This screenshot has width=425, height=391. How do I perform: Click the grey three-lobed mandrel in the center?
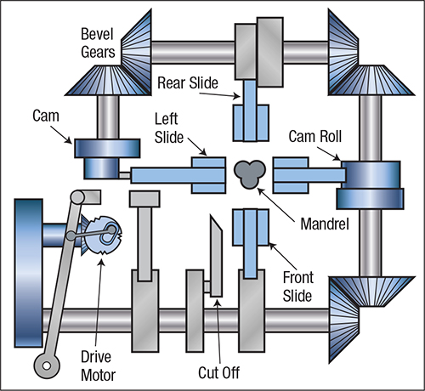coord(250,174)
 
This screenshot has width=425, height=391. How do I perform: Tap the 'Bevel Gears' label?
coord(98,43)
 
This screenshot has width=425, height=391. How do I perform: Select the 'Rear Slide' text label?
coord(188,83)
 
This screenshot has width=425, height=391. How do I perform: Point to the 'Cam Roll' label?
coord(315,136)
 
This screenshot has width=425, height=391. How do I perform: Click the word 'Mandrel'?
coord(325,224)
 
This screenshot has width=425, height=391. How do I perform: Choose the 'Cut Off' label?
coord(218,373)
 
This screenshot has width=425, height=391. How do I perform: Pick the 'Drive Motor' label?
coord(98,366)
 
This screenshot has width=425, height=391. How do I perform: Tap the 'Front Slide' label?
coord(298,286)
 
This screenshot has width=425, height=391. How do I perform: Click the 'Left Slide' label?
coord(169,128)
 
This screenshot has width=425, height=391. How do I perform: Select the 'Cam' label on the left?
coord(46,116)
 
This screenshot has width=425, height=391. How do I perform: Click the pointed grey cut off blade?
coord(216,256)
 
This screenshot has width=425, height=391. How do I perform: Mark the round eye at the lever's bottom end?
coord(47,365)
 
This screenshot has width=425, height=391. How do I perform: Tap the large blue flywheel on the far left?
coord(29,273)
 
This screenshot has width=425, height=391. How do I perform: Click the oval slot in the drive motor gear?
coord(108,234)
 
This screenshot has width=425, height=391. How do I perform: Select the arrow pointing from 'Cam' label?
coord(61,135)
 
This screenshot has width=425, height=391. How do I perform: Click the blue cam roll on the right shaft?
coord(370,185)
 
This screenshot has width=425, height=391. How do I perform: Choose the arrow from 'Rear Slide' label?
coord(220,94)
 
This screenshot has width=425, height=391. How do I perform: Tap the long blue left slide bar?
coord(178,175)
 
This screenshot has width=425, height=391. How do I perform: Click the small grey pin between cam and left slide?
coord(125,176)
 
